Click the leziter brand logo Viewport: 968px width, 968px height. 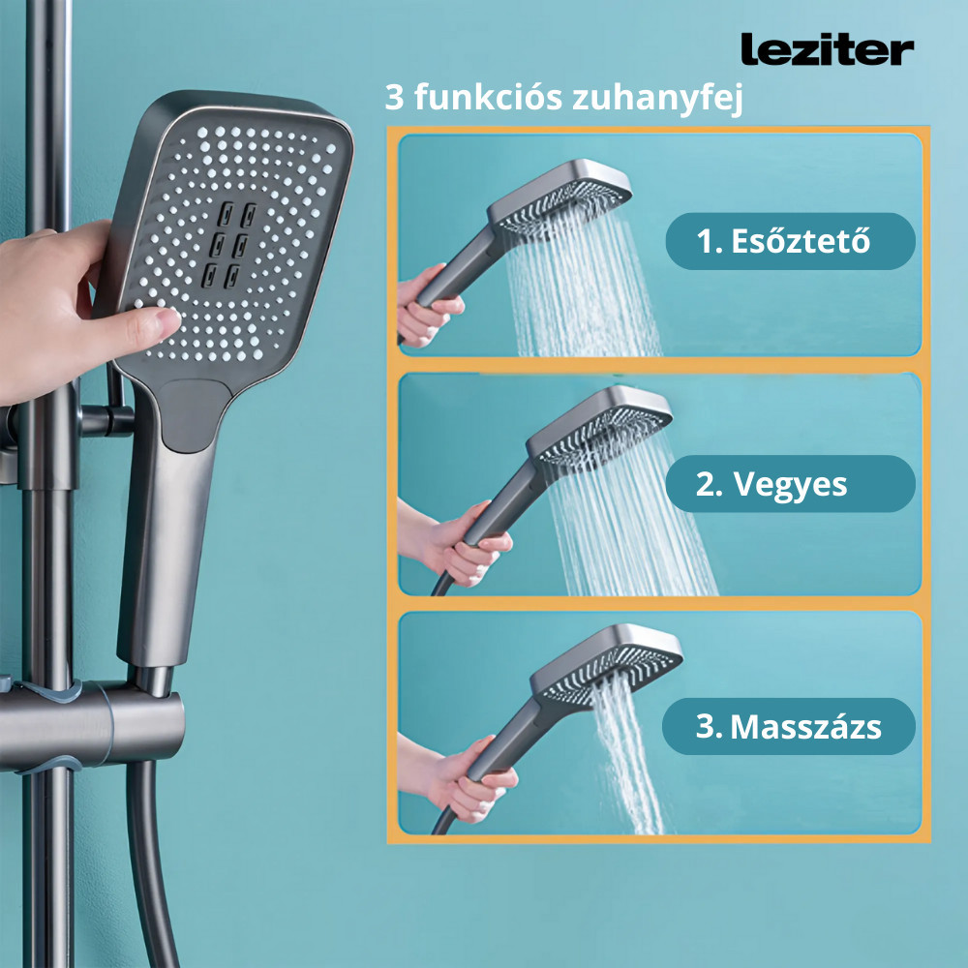[826, 49]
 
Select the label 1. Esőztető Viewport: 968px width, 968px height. [789, 241]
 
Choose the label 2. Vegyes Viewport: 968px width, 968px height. [789, 484]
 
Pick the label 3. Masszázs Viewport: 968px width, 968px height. [789, 726]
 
